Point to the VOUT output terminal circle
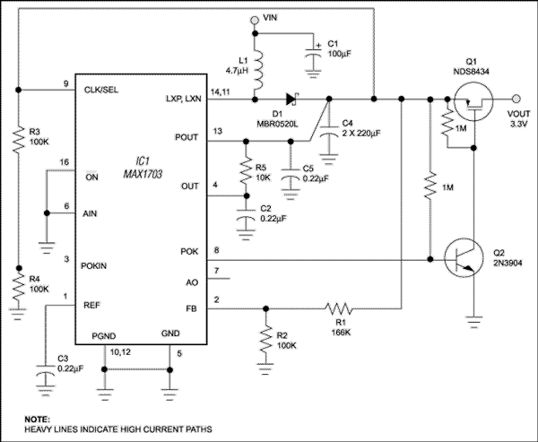(516, 100)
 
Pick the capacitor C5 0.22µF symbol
(289, 179)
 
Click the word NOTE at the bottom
(36, 418)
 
